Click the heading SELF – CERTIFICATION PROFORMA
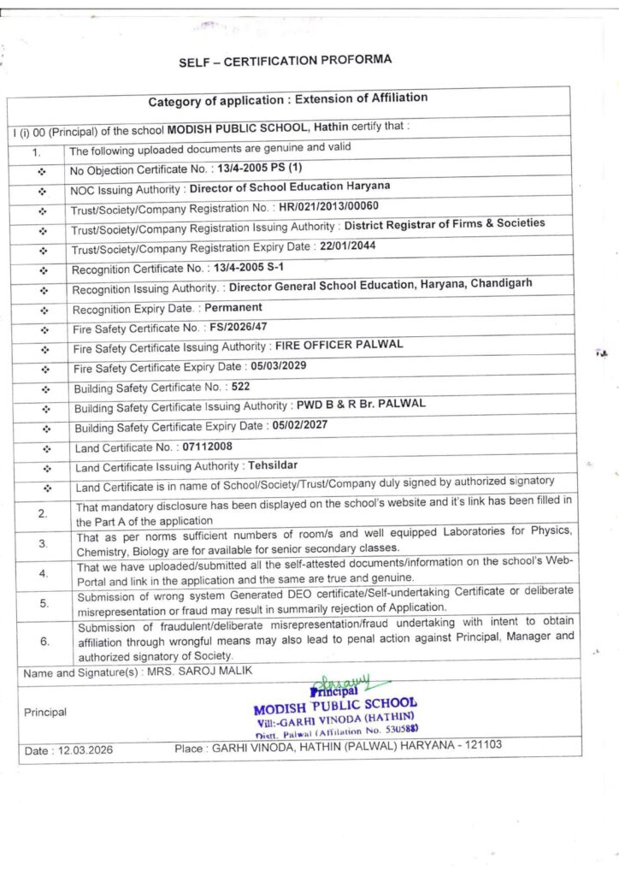click(285, 62)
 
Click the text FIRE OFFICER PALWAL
click(338, 346)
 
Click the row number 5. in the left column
click(44, 602)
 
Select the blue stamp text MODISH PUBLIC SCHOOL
click(335, 707)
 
